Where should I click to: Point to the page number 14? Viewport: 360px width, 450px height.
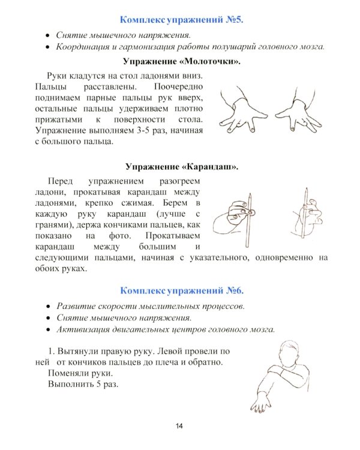[x=179, y=426]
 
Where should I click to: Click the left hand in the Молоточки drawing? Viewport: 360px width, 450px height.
[x=239, y=108]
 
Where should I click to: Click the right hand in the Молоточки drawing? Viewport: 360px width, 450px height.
[x=295, y=108]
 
